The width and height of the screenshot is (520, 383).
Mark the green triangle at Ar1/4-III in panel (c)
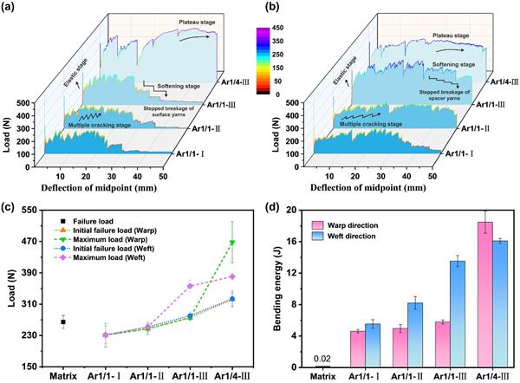(x=233, y=243)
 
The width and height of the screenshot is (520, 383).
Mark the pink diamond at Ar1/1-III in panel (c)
(x=191, y=285)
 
